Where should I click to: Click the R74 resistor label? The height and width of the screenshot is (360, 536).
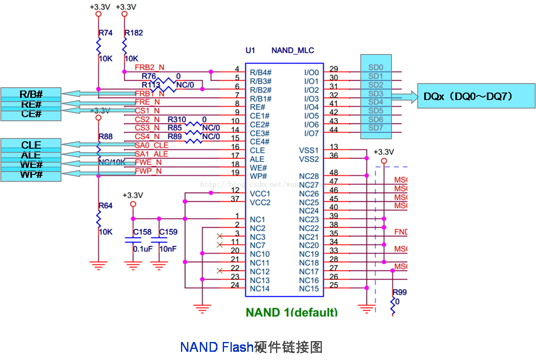(106, 33)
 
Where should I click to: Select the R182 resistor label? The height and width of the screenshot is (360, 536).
(134, 33)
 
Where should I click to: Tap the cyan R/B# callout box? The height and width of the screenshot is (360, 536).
(31, 94)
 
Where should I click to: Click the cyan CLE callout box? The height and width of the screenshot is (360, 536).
(31, 145)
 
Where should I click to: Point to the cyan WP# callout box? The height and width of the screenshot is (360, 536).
(31, 175)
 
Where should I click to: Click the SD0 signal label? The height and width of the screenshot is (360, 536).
(375, 68)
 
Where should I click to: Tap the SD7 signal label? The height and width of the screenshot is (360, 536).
(375, 128)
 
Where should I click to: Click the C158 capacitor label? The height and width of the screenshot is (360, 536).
(142, 232)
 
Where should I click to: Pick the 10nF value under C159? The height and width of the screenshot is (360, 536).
(168, 249)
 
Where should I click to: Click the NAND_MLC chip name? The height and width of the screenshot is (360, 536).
(293, 50)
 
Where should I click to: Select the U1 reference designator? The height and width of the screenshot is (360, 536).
(250, 50)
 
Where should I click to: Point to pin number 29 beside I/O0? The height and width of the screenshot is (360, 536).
(334, 69)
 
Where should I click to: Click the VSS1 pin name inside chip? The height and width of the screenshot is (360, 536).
(309, 150)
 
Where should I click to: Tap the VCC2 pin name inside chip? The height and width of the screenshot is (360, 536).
(260, 202)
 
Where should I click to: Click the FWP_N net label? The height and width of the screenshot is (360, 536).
(148, 171)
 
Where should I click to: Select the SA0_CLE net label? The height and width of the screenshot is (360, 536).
(152, 145)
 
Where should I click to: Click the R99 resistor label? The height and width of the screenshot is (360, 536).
(399, 292)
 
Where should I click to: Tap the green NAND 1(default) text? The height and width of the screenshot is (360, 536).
(292, 312)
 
